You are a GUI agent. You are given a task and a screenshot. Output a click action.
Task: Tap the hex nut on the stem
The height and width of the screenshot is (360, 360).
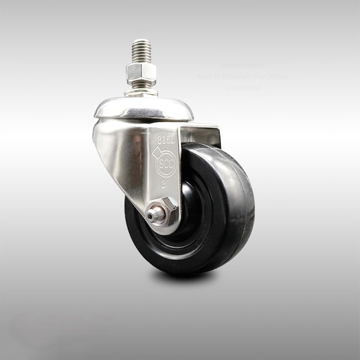tap(141, 73)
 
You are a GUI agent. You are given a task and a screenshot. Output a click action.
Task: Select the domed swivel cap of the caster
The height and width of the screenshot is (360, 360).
tap(143, 109)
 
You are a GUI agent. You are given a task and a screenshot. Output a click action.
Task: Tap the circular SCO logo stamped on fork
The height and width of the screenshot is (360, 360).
tap(166, 164)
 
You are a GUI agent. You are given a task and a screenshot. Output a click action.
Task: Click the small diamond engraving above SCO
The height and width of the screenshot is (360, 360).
tap(158, 152)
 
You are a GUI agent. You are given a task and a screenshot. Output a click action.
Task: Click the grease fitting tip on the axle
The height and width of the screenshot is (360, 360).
tap(154, 213)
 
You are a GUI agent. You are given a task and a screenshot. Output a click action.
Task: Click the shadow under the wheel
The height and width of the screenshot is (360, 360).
tap(186, 277)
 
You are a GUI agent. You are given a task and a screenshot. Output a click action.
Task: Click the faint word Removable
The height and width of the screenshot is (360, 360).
tap(243, 65)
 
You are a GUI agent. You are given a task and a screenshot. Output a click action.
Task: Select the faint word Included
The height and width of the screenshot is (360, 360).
tap(243, 88)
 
